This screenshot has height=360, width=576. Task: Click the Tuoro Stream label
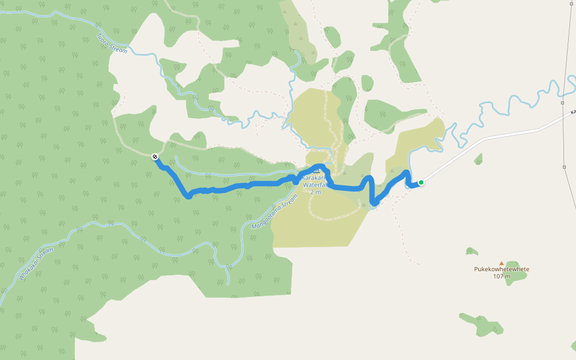112,43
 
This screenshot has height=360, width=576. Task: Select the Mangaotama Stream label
274,210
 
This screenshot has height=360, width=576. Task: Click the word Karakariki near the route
315,179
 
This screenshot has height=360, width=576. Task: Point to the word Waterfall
317,185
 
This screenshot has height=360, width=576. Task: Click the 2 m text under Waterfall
316,192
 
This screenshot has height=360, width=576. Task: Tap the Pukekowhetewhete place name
502,269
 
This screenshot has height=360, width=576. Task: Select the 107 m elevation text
501,276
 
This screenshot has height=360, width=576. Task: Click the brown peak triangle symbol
502,263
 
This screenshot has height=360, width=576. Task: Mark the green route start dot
421,182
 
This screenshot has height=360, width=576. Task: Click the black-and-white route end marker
155,157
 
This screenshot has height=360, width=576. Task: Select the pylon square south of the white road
565,167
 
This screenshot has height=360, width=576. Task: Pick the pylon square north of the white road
563,103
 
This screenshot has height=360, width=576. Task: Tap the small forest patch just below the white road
478,159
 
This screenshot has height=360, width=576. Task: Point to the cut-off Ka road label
572,112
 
